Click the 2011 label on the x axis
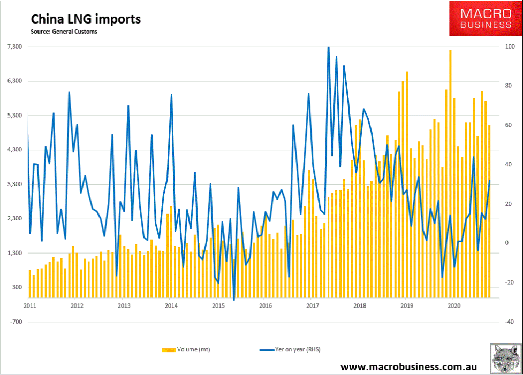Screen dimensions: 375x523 (x=29, y=306)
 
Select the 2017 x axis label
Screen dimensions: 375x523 (x=313, y=306)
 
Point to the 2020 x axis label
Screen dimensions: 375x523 (x=454, y=306)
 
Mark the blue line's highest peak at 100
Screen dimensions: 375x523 (x=328, y=47)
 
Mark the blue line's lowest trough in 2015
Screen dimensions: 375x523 (x=234, y=300)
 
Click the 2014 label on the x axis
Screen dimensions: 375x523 (x=171, y=306)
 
